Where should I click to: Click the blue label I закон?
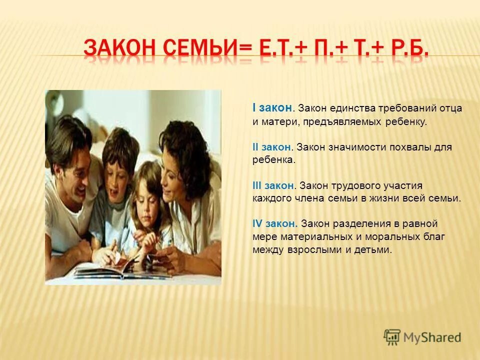click(272, 107)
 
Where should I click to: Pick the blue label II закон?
click(272, 147)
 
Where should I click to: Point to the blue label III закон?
click(273, 185)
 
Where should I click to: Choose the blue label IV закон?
click(275, 223)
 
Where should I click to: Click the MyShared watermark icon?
click(392, 337)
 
